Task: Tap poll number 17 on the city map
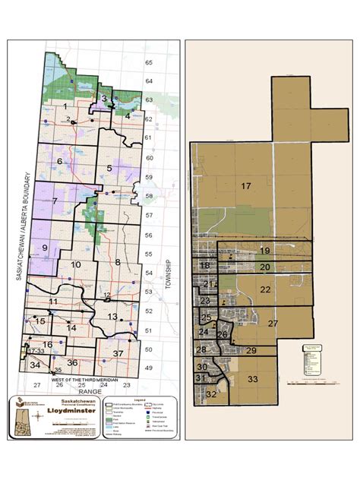[246, 186]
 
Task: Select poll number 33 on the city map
[253, 379]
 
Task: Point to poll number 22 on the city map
[265, 289]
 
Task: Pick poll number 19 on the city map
[265, 251]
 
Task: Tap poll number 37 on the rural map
[118, 354]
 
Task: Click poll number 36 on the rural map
[72, 362]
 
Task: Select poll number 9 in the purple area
[45, 248]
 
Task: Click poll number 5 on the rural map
[109, 168]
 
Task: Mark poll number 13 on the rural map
[112, 316]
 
